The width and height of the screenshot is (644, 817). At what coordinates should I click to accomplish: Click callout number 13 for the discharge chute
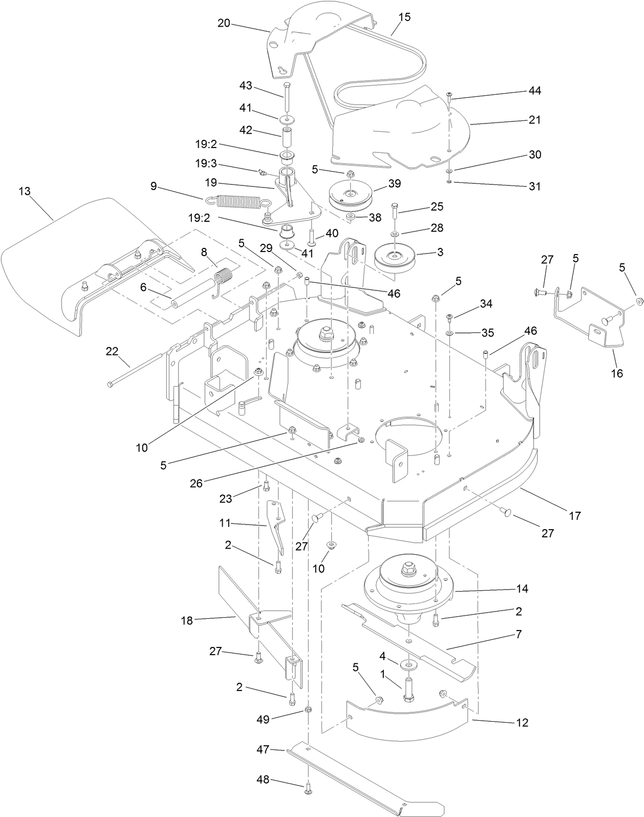pos(25,191)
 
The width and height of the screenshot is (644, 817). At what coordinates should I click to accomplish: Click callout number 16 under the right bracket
pos(617,373)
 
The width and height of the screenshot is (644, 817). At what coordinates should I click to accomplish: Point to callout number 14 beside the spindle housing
pos(522,589)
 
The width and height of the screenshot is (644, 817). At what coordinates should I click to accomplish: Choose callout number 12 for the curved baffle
pos(522,723)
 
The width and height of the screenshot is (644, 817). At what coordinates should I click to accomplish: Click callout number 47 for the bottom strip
pos(263,749)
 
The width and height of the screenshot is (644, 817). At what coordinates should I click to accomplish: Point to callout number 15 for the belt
pos(403,17)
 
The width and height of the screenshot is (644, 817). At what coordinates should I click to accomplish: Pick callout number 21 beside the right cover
pos(534,119)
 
